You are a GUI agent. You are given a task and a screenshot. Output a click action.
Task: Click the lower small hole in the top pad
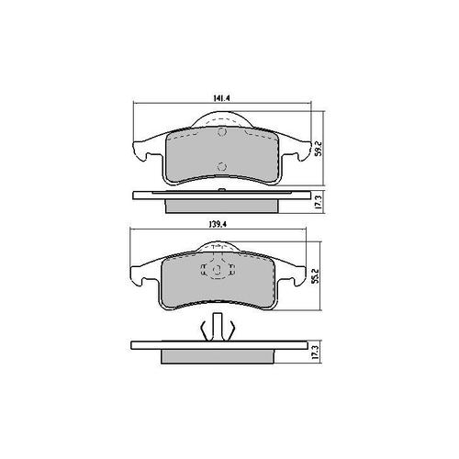[x=220, y=167]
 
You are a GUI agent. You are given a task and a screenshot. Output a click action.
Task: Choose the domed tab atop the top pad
[x=220, y=118]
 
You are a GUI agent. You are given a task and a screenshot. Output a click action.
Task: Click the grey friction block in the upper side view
[x=220, y=205]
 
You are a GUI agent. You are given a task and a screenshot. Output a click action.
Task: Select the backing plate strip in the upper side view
[x=220, y=195]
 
